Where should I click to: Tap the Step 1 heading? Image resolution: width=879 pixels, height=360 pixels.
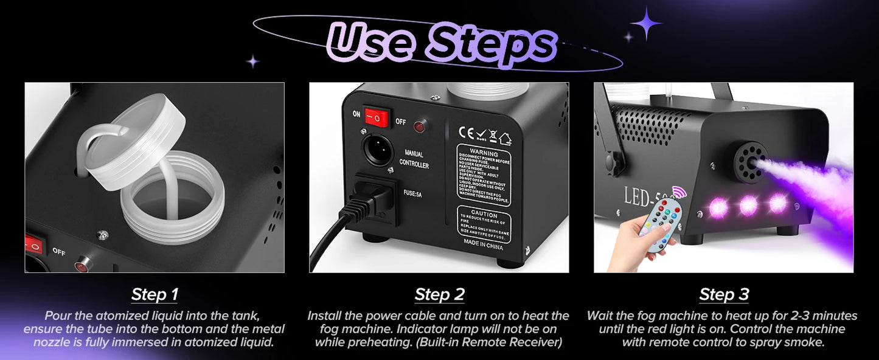155,295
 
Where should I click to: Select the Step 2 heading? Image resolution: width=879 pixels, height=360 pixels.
439,295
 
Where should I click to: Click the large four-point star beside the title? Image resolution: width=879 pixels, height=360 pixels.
645,24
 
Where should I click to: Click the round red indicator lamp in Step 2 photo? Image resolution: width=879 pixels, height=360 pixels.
419,126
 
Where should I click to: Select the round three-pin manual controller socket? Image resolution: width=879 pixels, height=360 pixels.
378,148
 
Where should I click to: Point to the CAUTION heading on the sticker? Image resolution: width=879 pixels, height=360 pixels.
484,215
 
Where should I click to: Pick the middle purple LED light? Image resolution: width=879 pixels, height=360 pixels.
748,205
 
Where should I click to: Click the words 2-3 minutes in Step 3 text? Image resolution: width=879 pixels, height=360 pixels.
821,316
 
